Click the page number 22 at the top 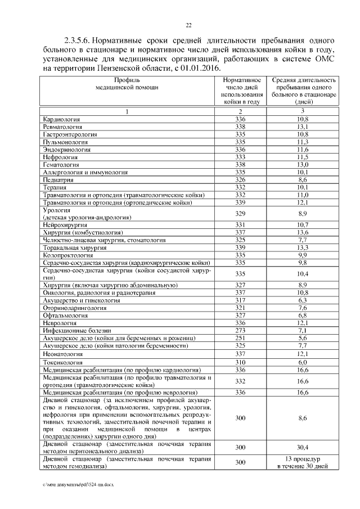[x=189, y=24]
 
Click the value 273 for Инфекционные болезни [x=241, y=330]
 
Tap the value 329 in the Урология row [x=241, y=213]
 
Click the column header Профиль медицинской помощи [x=127, y=84]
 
